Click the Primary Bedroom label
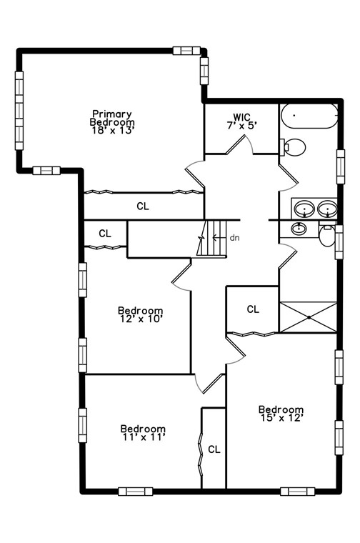[x=112, y=118]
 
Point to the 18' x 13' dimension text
[x=112, y=130]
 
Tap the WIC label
[x=241, y=117]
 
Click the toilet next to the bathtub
[x=294, y=147]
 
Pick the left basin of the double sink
[x=305, y=209]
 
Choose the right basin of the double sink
[x=327, y=209]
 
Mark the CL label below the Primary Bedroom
[x=143, y=206]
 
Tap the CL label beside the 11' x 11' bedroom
[x=214, y=449]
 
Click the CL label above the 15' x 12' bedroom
[x=252, y=309]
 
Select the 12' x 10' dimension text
[x=140, y=319]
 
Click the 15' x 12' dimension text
[x=281, y=418]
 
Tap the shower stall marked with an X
[x=307, y=316]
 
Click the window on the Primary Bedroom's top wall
[x=186, y=50]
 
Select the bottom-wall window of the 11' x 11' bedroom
[x=135, y=491]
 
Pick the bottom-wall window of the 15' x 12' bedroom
[x=297, y=491]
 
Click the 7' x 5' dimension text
[x=241, y=126]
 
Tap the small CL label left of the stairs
[x=105, y=233]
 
